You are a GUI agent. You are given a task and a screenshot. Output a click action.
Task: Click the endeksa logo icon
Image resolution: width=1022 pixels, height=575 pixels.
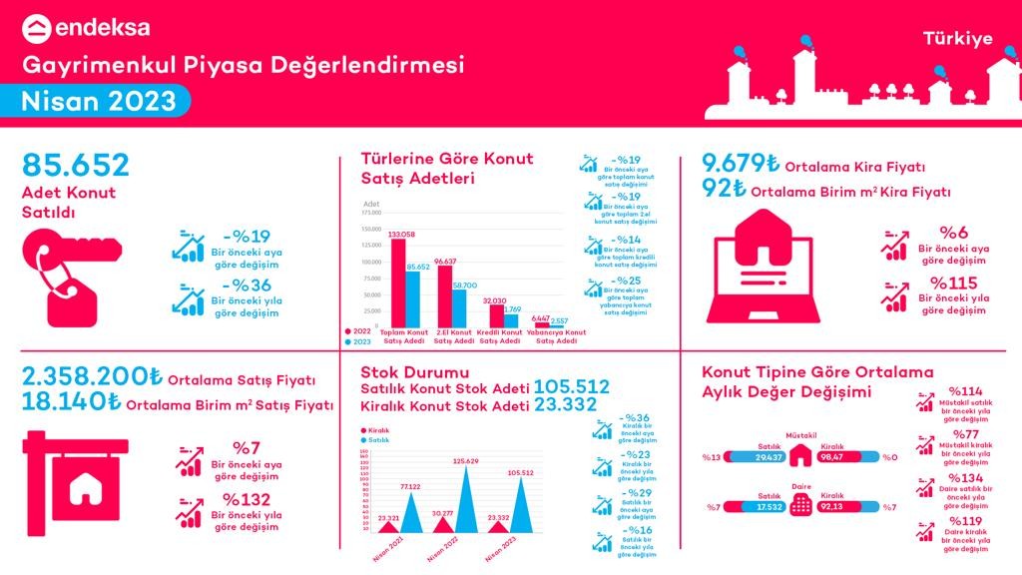pyautogui.click(x=37, y=29)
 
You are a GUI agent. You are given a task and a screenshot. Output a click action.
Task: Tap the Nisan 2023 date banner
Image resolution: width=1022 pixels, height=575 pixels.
pyautogui.click(x=99, y=101)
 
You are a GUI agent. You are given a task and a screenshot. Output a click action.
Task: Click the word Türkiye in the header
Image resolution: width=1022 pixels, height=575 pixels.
pyautogui.click(x=957, y=39)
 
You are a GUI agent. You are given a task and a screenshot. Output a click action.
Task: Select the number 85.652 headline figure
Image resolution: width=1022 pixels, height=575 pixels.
pyautogui.click(x=76, y=166)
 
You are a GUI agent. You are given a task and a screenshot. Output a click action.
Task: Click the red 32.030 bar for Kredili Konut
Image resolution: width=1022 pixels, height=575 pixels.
pyautogui.click(x=496, y=315)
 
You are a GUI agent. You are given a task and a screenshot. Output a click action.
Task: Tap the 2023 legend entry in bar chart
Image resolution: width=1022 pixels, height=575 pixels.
pyautogui.click(x=355, y=342)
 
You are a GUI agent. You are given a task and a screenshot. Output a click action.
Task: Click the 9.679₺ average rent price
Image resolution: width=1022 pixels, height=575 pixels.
pyautogui.click(x=740, y=164)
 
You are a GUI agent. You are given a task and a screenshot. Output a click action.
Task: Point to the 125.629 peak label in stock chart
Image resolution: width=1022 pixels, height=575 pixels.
pyautogui.click(x=466, y=461)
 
